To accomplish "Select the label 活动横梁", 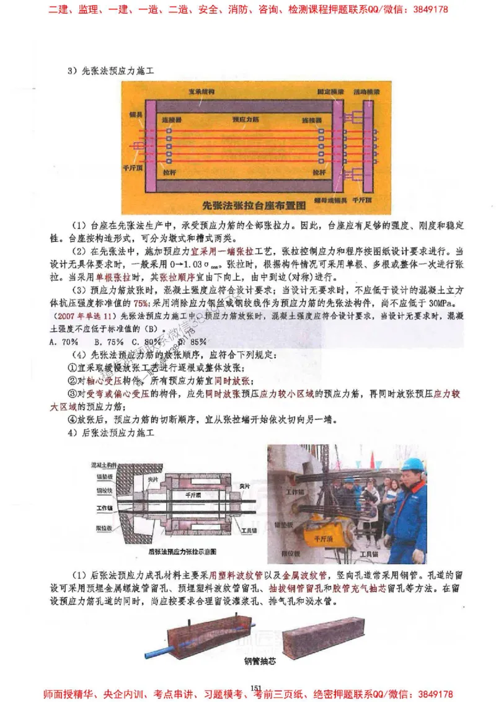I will pyautogui.click(x=367, y=92).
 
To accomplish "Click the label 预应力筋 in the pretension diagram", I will pyautogui.click(x=244, y=118).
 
